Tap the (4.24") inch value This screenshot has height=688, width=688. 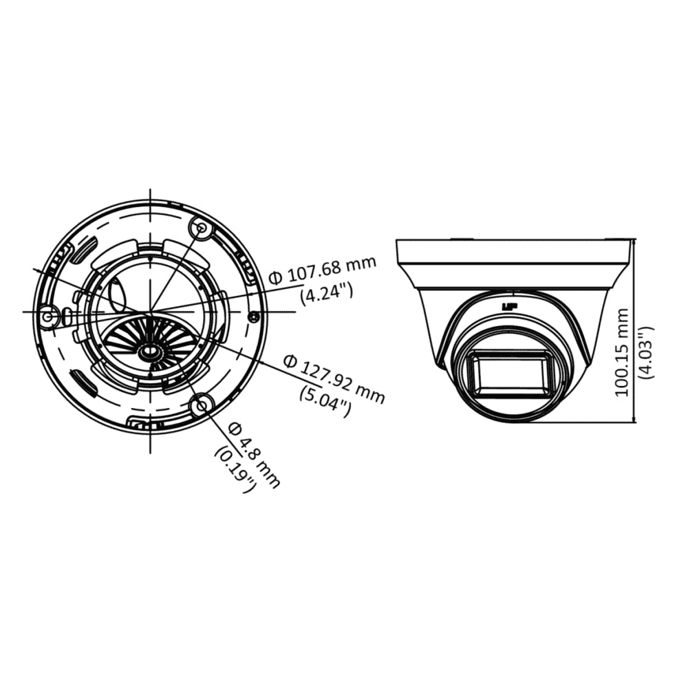click(x=327, y=293)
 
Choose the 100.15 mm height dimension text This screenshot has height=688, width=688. click(x=622, y=352)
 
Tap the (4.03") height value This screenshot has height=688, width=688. click(x=645, y=352)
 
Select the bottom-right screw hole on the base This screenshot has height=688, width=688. click(x=202, y=406)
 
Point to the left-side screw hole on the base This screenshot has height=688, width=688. click(x=48, y=316)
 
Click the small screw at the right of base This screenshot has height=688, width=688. click(x=254, y=316)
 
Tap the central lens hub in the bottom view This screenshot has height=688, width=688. click(x=148, y=352)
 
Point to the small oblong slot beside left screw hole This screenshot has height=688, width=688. click(x=67, y=315)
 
